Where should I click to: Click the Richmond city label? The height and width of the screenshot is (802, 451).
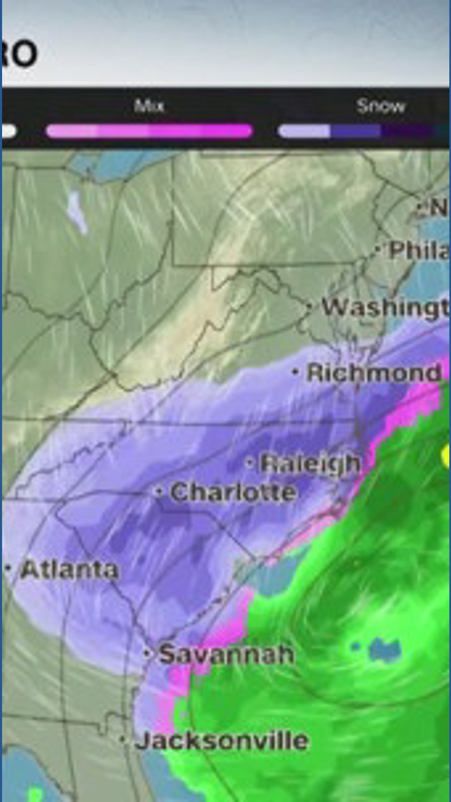click(x=374, y=372)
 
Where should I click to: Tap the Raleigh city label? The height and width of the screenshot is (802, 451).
click(x=309, y=463)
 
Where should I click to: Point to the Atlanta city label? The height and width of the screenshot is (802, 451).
click(x=69, y=570)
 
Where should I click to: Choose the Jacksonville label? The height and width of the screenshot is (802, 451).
click(x=221, y=741)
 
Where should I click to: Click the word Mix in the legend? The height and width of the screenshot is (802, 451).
click(x=149, y=106)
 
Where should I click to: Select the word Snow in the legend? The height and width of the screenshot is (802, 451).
click(x=380, y=107)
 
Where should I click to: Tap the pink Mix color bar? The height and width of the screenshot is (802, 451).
click(x=149, y=131)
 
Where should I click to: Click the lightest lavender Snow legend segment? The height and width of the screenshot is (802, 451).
click(x=304, y=131)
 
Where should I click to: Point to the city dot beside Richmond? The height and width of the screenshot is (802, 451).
click(x=296, y=371)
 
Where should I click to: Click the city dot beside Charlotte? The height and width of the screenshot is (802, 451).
click(x=158, y=492)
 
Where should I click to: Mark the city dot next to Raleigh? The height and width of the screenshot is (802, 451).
click(x=250, y=463)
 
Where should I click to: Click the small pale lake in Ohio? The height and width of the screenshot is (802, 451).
click(x=78, y=211)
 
